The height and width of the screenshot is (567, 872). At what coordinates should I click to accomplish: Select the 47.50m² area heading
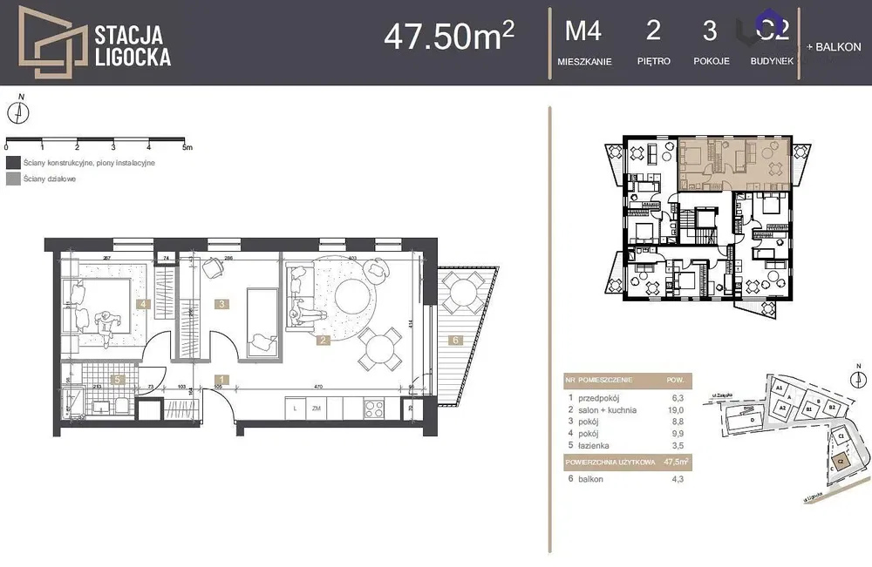448,36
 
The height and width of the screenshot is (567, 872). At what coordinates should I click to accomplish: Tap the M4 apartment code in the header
583,31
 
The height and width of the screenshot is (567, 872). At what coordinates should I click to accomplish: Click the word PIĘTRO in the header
653,62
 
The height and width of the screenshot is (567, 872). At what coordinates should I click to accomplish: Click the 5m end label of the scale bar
187,148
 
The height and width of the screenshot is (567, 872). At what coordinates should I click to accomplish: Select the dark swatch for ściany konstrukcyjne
12,163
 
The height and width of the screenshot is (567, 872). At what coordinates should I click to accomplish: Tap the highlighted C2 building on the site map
841,458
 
